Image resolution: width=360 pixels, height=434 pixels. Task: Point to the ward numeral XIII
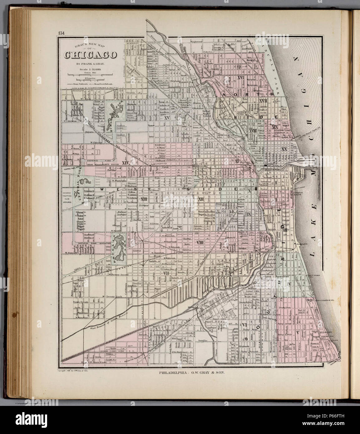144,199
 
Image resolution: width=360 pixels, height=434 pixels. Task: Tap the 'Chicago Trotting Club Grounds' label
68,198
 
